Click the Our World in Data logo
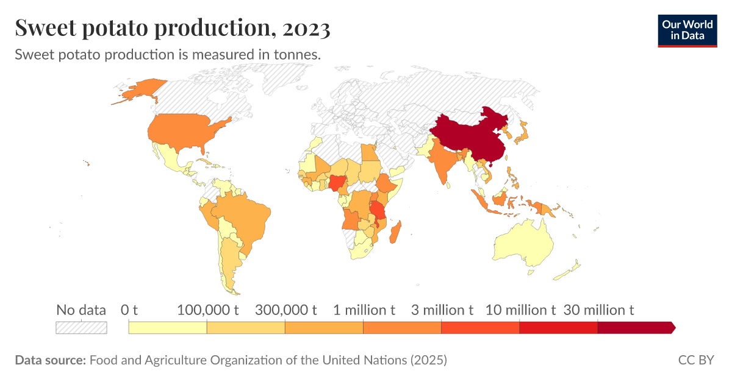point(687,29)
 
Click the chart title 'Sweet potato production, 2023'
point(173,28)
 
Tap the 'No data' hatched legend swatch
point(81,328)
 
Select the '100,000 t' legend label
point(207,310)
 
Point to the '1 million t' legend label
point(364,310)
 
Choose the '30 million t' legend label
point(598,310)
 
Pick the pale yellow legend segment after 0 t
point(168,328)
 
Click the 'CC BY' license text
point(695,360)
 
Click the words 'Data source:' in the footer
point(50,360)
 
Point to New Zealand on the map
point(572,269)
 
